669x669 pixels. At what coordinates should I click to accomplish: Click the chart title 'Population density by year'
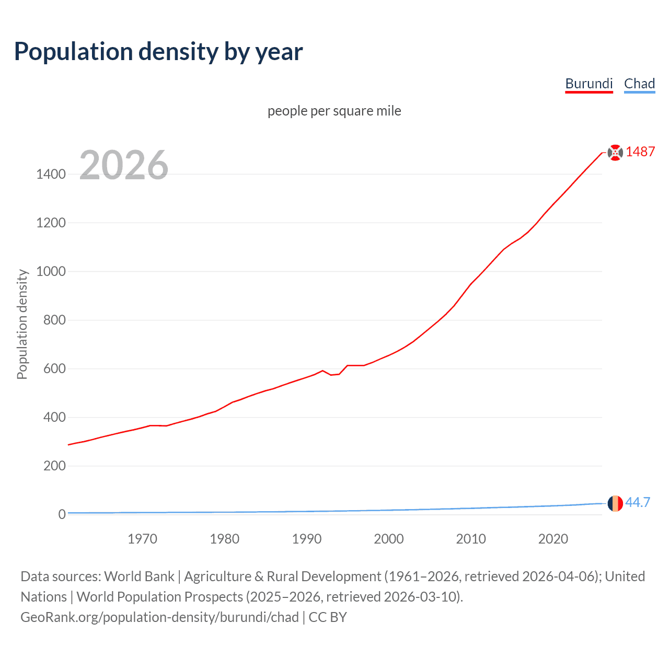pos(158,52)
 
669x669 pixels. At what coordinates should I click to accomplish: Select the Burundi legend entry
pos(589,84)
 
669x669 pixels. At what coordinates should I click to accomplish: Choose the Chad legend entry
pos(639,84)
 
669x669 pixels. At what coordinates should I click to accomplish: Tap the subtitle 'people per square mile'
pos(334,111)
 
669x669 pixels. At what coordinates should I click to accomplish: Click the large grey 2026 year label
pos(124,165)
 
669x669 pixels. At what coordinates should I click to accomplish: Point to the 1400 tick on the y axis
pos(51,174)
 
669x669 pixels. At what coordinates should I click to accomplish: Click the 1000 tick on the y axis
pos(51,271)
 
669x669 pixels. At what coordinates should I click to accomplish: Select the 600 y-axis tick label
pos(54,368)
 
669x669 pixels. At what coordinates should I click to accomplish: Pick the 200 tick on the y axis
pos(54,466)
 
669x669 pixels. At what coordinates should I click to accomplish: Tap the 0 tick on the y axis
pos(62,514)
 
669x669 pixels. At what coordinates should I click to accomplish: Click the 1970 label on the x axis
pos(142,539)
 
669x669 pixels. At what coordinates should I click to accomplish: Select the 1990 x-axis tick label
pos(307,539)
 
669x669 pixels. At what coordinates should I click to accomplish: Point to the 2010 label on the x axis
pos(471,539)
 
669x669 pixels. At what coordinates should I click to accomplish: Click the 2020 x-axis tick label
pos(553,539)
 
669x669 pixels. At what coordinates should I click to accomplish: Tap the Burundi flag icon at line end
pos(615,152)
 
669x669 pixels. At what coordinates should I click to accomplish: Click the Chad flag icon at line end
pos(615,503)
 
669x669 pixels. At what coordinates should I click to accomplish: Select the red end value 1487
pos(640,152)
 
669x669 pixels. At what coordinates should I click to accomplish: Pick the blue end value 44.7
pos(638,502)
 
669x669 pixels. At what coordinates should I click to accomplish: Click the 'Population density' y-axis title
pos(22,324)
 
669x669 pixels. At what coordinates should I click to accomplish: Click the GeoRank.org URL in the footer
pos(159,617)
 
